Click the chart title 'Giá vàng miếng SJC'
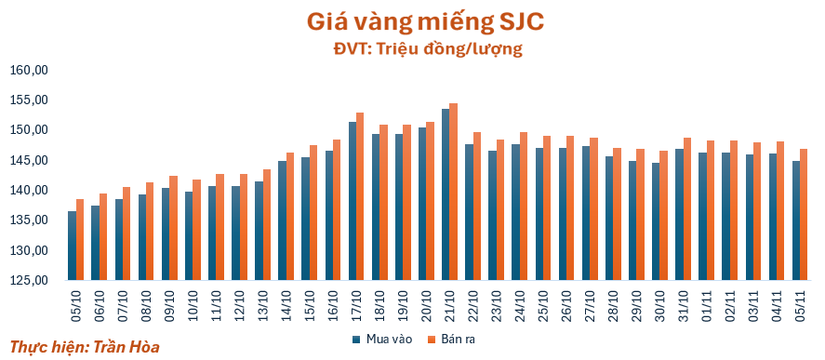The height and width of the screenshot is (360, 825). (x=425, y=22)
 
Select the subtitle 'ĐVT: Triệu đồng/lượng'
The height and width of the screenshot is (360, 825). (x=428, y=49)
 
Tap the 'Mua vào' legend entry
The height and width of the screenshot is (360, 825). (x=382, y=340)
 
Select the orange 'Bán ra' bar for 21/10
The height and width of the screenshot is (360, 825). (x=454, y=192)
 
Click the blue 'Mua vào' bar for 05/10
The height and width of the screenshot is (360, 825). (x=72, y=246)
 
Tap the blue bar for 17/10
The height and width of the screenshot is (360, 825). (x=353, y=201)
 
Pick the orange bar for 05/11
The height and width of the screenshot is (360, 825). (x=804, y=214)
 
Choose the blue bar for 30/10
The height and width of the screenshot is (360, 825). (x=656, y=221)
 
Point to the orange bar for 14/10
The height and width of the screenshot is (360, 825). (x=290, y=217)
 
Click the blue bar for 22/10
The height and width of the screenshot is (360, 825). (x=470, y=212)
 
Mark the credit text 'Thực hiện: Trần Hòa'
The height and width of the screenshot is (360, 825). (x=85, y=347)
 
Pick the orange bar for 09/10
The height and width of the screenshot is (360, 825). (x=173, y=228)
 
